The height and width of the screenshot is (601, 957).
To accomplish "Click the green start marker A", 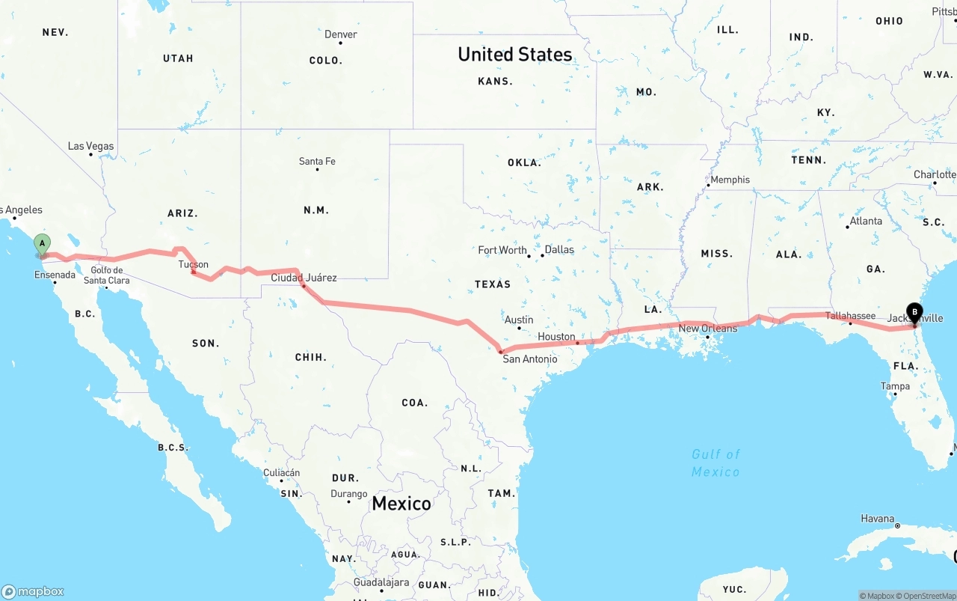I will coord(43,244).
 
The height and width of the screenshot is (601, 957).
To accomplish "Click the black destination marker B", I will coord(914,312).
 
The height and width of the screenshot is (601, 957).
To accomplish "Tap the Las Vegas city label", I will coord(91,146).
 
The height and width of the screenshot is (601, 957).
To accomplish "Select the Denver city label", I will coord(340,34).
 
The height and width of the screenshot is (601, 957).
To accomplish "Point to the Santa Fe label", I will coord(317,161).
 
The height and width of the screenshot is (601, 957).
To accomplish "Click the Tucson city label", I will coord(193,264).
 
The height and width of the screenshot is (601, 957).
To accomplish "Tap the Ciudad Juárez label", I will coord(304,278).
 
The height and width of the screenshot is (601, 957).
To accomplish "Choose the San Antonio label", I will coord(529,359).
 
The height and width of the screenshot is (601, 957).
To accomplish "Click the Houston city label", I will coord(556,337).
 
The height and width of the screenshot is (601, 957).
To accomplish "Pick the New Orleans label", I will coord(708,328).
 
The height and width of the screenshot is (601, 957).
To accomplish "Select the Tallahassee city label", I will coord(850,316).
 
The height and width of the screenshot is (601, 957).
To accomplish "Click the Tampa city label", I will coord(895,386).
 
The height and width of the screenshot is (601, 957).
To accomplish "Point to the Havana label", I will coord(877,518).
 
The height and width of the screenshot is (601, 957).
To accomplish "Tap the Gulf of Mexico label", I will coord(716,463).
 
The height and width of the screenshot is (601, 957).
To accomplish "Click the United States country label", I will coord(515,54).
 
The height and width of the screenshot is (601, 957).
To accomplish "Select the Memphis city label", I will coord(730,180).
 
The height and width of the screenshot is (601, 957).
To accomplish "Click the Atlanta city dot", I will coord(848,227).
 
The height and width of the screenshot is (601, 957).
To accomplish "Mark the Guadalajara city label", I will coord(381,582).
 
